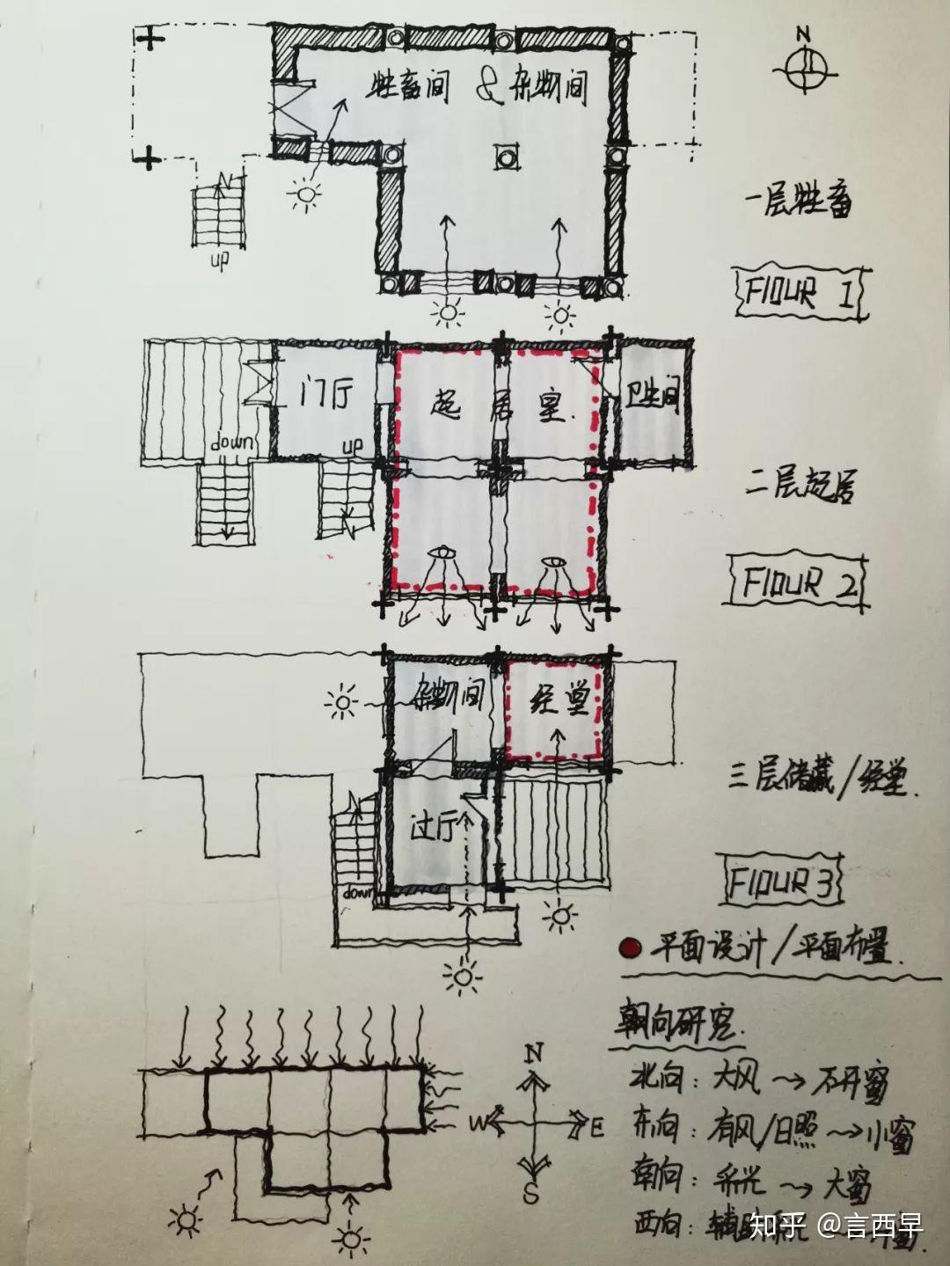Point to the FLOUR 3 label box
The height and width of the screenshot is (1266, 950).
pos(780,881)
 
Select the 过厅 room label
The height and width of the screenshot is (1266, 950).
pos(437,829)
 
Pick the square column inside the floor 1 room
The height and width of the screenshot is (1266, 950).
pos(508,158)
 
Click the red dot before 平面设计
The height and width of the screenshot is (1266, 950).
pos(629,948)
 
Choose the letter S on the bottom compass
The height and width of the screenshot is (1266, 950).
pos(531,1194)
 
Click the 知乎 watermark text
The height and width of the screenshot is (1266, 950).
pos(779,1226)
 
